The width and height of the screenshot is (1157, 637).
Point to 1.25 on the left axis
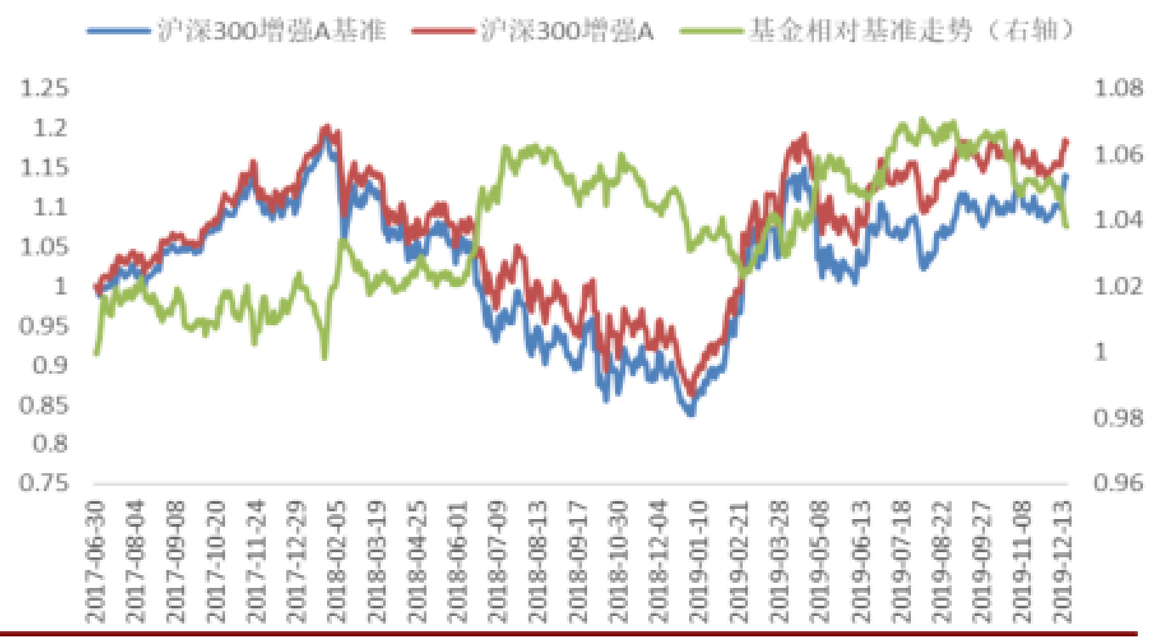coord(44,88)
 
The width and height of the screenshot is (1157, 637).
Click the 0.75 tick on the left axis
coord(44,483)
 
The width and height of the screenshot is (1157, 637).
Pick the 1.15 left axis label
coord(44,167)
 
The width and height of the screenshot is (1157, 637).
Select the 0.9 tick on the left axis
coord(50,365)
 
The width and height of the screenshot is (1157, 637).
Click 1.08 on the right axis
coord(1118,88)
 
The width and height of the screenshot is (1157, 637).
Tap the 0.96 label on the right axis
coord(1118,483)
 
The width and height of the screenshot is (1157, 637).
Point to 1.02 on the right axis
coord(1118,286)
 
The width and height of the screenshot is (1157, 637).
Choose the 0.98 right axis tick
coord(1118,418)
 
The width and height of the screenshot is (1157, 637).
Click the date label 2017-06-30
coord(96,561)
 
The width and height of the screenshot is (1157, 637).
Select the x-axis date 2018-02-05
coord(337,561)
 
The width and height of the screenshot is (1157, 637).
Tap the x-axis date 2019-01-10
coord(699,561)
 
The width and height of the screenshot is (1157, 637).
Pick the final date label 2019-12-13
coord(1062,561)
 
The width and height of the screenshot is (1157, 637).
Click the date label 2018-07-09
coord(497,561)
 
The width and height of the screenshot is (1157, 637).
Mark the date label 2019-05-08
coord(820,561)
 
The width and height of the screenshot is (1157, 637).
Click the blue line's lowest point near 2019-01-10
coord(691,413)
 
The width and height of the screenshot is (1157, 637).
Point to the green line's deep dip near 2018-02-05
coord(325,357)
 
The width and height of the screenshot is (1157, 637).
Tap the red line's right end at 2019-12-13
coord(1066,140)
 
